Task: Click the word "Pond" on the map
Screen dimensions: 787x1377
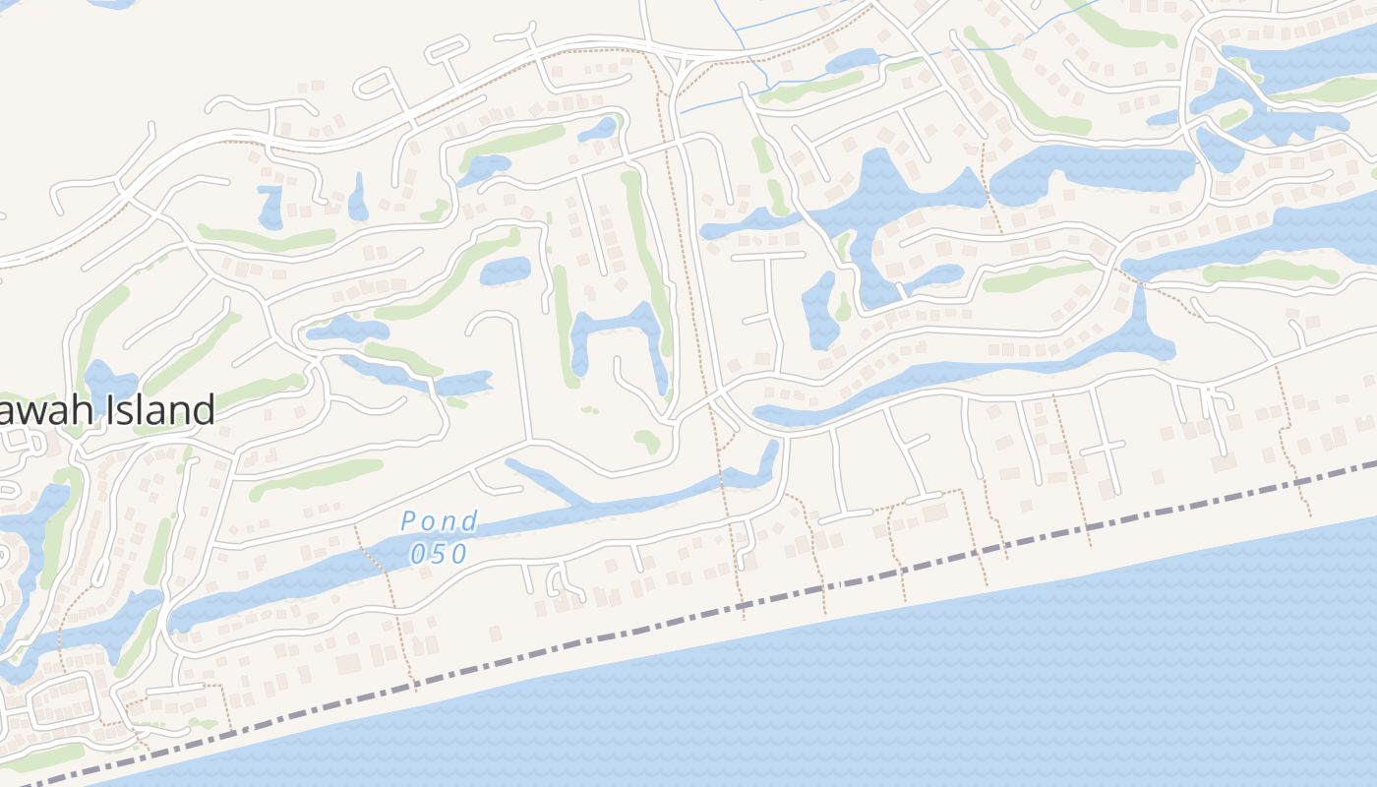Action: (x=440, y=520)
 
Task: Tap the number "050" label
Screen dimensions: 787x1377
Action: (x=440, y=554)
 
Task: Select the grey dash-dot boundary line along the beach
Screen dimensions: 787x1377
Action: (x=688, y=619)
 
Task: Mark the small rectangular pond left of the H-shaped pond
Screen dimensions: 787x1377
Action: (x=506, y=269)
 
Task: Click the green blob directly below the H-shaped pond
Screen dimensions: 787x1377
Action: (x=647, y=440)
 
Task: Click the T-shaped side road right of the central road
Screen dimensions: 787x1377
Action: (x=767, y=285)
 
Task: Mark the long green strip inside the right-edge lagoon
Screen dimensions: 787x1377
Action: (x=1269, y=271)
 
